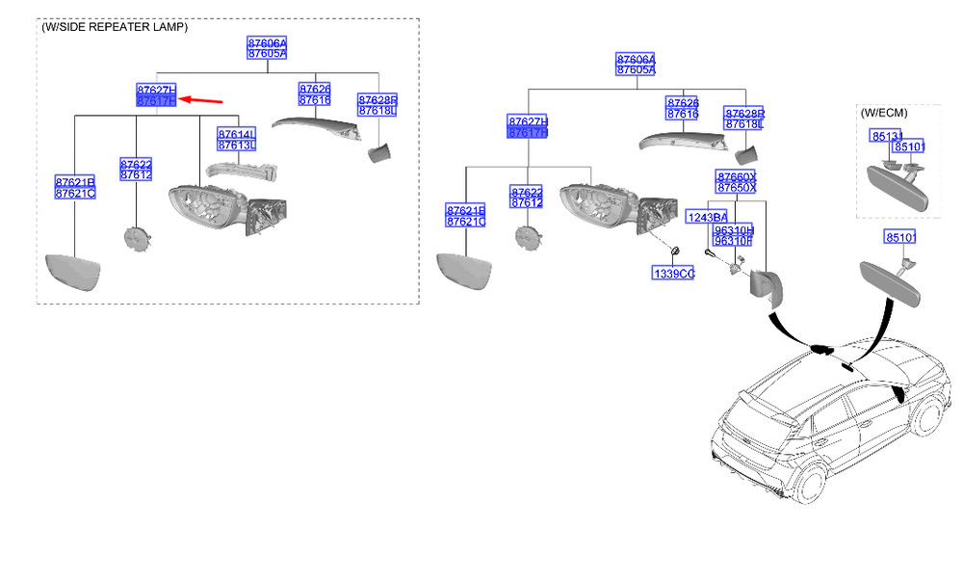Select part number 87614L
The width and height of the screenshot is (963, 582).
tap(236, 134)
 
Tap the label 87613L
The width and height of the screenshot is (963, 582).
tap(236, 145)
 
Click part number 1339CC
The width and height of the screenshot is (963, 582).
tap(673, 274)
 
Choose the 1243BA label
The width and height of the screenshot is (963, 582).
tap(706, 218)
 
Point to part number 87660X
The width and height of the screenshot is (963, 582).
tap(736, 177)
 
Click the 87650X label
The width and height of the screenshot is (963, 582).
tap(736, 188)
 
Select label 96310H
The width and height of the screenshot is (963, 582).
tap(733, 242)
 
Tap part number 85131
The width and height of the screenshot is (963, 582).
tap(886, 137)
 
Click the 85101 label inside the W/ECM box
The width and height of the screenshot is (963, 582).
tap(909, 146)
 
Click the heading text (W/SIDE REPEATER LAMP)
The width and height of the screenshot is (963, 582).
tap(115, 27)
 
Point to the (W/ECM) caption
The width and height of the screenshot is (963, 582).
tap(885, 113)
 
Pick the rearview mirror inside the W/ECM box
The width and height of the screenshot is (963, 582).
tap(897, 185)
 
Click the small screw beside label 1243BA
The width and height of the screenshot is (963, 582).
tap(708, 252)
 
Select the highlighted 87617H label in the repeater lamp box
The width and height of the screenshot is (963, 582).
tap(156, 100)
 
